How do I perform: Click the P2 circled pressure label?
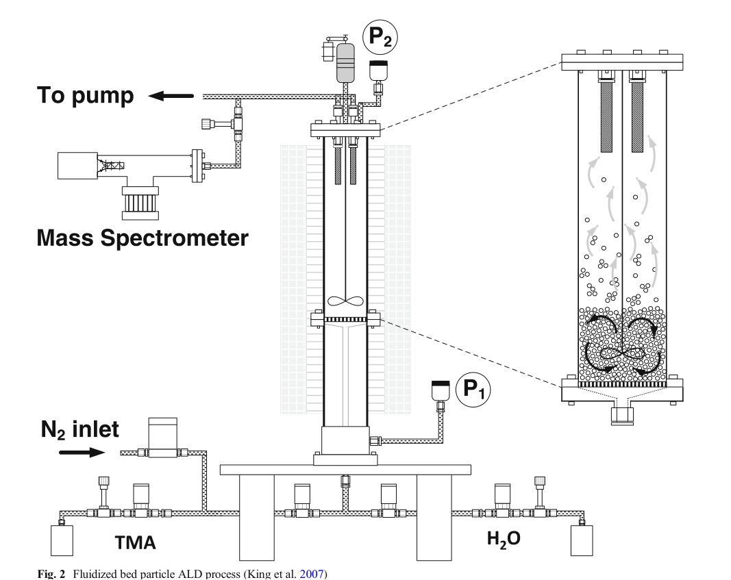tap(380, 36)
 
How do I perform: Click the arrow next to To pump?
tap(171, 97)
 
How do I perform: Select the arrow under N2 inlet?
tap(82, 453)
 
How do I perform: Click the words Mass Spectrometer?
tap(142, 238)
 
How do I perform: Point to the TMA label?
tap(135, 542)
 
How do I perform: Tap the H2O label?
tap(504, 539)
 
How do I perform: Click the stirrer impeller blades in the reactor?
tap(344, 301)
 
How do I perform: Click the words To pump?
tap(86, 96)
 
